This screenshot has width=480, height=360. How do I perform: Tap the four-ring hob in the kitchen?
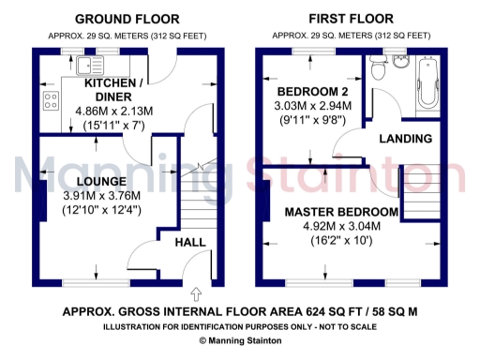pos(49,102)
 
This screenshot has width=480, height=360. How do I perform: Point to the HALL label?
pos(191,242)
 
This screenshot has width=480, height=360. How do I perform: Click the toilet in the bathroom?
pos(379,68)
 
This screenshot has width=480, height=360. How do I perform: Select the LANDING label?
pos(405,139)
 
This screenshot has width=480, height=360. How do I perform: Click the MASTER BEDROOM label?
pos(342,212)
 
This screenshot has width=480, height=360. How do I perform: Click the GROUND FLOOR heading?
pos(127,18)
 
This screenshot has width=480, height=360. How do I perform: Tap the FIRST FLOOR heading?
pos(352,18)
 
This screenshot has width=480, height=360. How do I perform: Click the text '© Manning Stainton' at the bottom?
pos(239,340)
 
